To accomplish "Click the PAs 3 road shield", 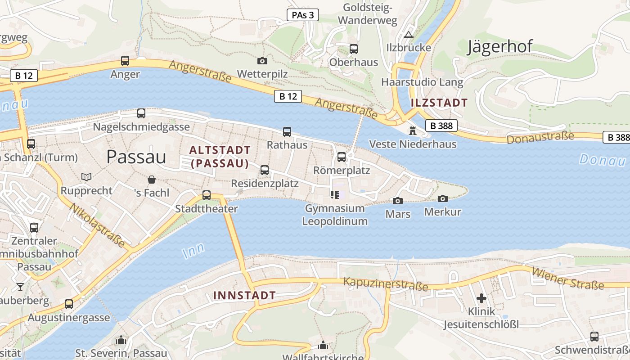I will click(302, 15).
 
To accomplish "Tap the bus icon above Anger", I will click(125, 61).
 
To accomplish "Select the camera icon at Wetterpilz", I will click(262, 61).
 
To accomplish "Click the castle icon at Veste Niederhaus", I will click(412, 131).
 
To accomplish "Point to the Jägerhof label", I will click(499, 46).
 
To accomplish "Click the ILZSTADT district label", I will click(439, 103).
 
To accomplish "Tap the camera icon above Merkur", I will click(443, 198).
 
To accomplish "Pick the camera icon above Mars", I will click(398, 201).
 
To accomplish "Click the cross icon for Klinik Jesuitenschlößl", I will click(481, 298).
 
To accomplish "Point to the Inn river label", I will click(194, 250).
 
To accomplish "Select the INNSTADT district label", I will click(244, 296).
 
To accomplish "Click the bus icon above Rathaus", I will click(287, 132).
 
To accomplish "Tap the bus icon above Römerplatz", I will click(342, 157).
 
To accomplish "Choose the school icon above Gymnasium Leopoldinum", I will click(334, 195).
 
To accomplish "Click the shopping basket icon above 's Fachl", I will click(152, 180).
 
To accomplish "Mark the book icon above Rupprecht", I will click(86, 177).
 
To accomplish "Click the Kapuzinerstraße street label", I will click(386, 284).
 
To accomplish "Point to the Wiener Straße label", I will click(568, 279).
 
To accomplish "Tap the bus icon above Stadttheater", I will click(207, 195).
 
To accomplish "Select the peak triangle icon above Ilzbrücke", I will click(408, 35).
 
